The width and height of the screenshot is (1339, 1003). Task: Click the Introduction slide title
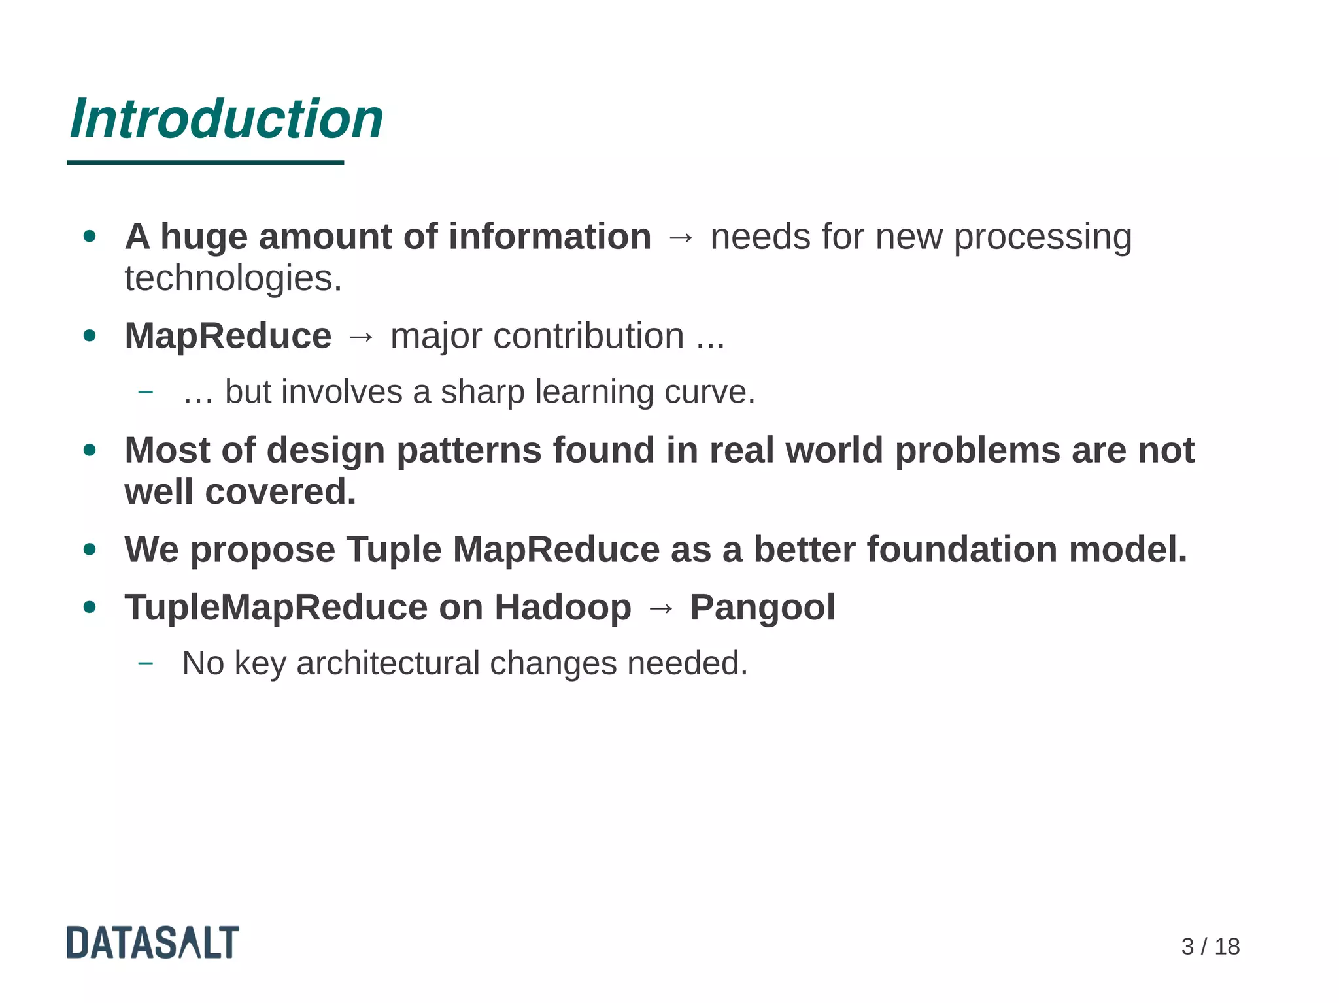tap(226, 119)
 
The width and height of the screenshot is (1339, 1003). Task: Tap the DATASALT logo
tap(152, 942)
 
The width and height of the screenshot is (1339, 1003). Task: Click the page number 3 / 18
tap(1210, 946)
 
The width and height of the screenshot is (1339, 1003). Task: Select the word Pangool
tap(762, 608)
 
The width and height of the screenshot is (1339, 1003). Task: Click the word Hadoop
tap(562, 608)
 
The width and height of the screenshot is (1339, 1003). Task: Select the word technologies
tap(233, 279)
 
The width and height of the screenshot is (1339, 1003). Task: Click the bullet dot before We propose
tap(90, 550)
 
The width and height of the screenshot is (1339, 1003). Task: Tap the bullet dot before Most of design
tap(90, 450)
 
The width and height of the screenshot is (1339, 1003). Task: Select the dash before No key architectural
tap(146, 663)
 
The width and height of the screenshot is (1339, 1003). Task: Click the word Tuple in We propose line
tap(394, 550)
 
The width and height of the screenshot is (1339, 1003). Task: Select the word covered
tap(280, 492)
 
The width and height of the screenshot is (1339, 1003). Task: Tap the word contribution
tap(589, 337)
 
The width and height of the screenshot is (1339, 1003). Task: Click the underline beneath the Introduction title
tap(205, 162)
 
